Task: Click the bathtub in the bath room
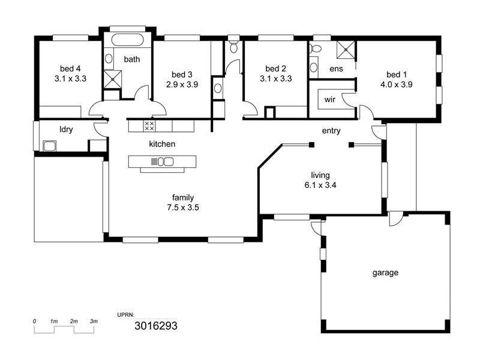[x=127, y=40]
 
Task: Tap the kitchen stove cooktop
[x=149, y=126]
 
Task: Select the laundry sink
[x=49, y=146]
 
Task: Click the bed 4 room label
[x=70, y=68]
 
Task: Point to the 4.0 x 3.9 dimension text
[x=397, y=85]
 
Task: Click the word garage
[x=385, y=272]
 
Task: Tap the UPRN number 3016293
[x=156, y=326]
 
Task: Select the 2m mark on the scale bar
[x=74, y=321]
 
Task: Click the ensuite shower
[x=346, y=50]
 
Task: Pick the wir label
[x=329, y=100]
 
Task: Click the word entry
[x=331, y=131]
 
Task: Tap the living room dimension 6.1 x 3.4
[x=320, y=185]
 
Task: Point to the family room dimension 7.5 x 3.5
[x=183, y=208]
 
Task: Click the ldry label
[x=66, y=130]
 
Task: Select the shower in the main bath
[x=113, y=79]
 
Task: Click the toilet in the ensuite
[x=316, y=49]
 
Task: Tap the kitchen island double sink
[x=166, y=161]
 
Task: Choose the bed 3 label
[x=182, y=74]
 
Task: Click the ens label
[x=336, y=69]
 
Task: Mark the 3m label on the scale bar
[x=94, y=321]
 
